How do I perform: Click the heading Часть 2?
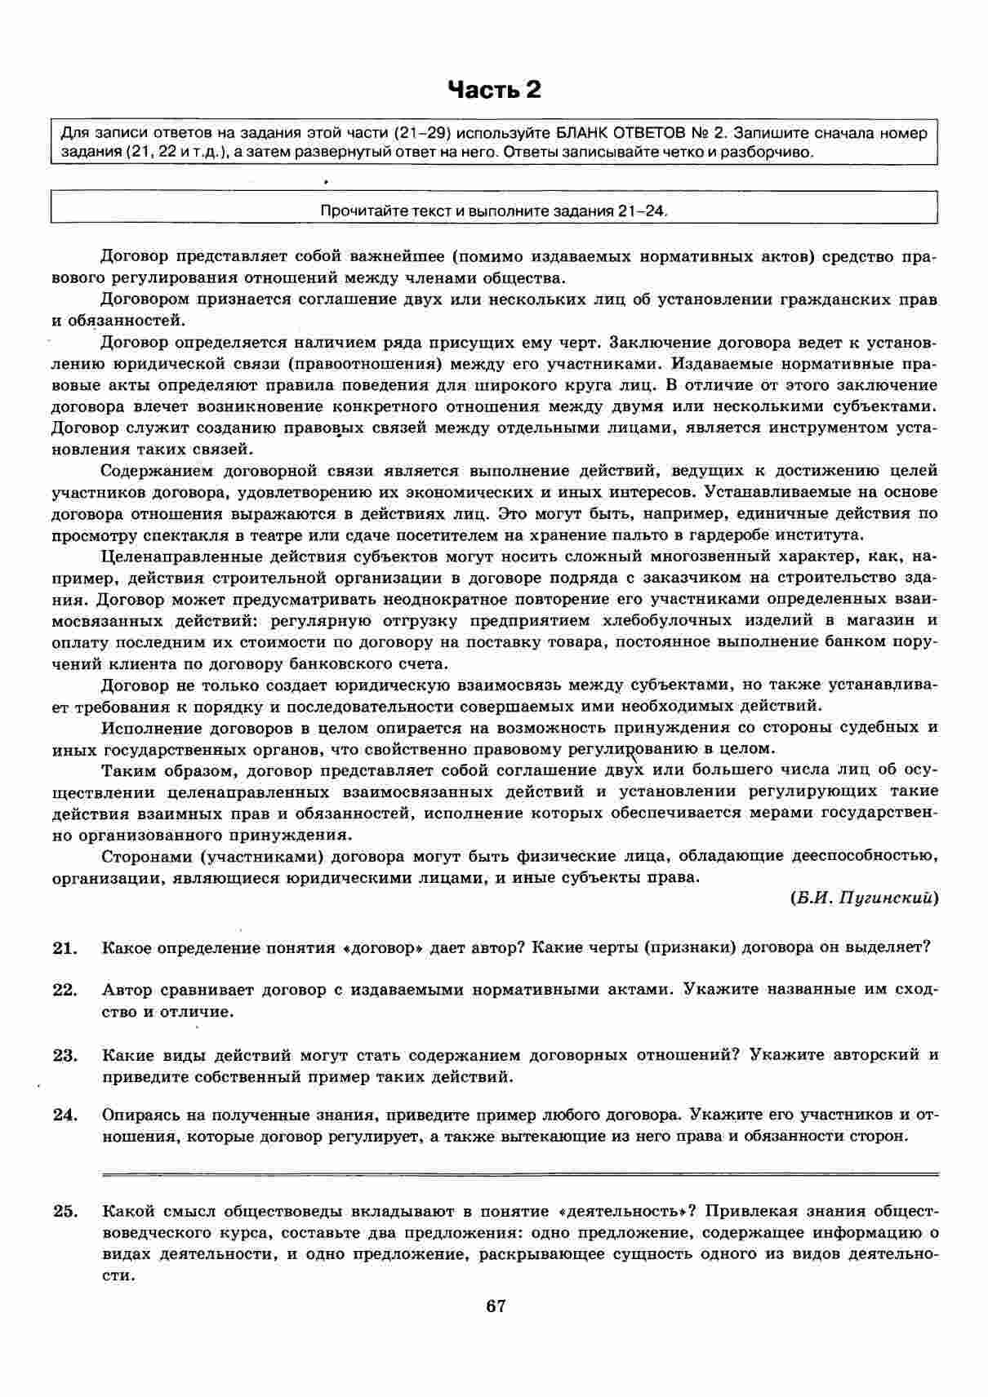[494, 90]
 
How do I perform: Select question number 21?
[65, 947]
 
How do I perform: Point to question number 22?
[65, 990]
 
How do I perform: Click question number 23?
[65, 1055]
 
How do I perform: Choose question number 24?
[65, 1115]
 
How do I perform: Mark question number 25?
[65, 1211]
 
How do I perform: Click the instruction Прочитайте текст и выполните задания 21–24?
[494, 211]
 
